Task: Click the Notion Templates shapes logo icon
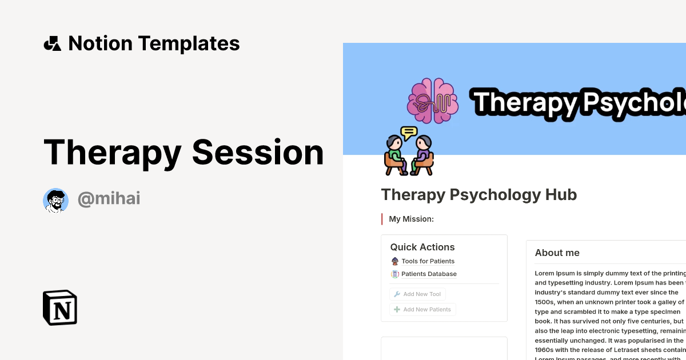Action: point(53,43)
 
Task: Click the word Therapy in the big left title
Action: point(112,153)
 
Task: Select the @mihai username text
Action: point(109,199)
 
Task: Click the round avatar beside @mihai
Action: point(55,200)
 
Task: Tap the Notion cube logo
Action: point(60,307)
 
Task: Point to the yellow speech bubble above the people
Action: point(409,134)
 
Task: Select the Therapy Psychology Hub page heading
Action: point(478,195)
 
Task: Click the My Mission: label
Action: point(411,219)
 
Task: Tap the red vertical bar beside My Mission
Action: point(382,219)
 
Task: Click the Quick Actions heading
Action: point(422,247)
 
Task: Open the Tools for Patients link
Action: point(428,261)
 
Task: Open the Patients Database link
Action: point(429,274)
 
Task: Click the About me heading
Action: point(557,253)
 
